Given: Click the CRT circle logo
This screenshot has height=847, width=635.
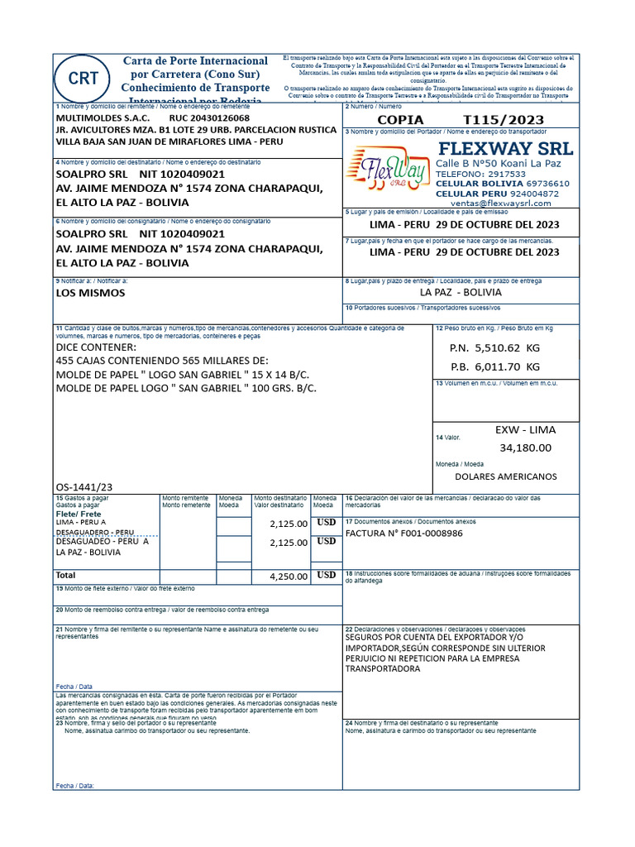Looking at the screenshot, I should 84,79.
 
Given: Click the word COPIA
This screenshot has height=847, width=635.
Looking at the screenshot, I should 400,120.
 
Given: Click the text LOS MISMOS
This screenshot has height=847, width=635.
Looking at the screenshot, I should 90,292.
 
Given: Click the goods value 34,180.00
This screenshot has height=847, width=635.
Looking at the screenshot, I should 525,447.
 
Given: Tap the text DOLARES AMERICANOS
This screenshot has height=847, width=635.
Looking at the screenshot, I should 506,476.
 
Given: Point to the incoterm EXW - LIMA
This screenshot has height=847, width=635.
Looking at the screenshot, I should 525,429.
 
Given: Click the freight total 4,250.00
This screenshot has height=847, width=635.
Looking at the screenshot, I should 289,577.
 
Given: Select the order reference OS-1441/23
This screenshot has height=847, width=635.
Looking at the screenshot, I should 84,487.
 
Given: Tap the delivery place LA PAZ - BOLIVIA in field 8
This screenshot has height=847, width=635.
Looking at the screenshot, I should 460,292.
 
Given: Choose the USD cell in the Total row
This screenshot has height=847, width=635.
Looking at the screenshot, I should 326,575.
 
